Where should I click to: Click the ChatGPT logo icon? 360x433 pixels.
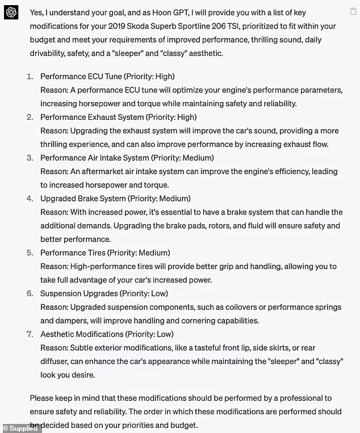click(x=11, y=12)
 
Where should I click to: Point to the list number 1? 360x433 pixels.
click(x=30, y=76)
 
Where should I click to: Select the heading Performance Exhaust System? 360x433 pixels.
click(x=91, y=117)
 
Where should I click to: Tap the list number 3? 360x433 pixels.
click(x=30, y=158)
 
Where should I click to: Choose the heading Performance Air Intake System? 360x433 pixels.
click(x=94, y=158)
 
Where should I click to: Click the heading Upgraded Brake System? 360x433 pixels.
click(x=82, y=199)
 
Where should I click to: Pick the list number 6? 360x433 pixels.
click(x=30, y=293)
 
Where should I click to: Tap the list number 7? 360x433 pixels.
click(x=30, y=334)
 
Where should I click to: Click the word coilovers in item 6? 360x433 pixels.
click(x=250, y=307)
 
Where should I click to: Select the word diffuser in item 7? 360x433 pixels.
click(x=56, y=361)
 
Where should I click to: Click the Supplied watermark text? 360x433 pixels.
click(x=23, y=428)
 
